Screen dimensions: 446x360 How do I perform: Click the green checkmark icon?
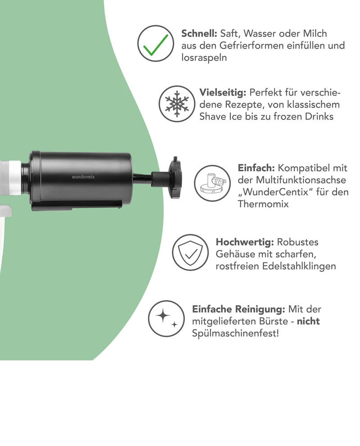point(156,43)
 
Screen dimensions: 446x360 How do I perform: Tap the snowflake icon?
point(177,104)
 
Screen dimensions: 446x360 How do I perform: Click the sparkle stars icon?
point(166,319)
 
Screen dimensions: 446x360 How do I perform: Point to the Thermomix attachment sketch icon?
point(212,183)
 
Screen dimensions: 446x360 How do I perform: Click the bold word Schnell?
point(199,34)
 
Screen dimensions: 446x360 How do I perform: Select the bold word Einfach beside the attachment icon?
point(256,168)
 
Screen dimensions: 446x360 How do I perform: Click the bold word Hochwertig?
point(245,242)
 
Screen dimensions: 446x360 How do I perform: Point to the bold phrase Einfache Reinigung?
point(239,309)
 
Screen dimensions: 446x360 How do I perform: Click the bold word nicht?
point(308,322)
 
